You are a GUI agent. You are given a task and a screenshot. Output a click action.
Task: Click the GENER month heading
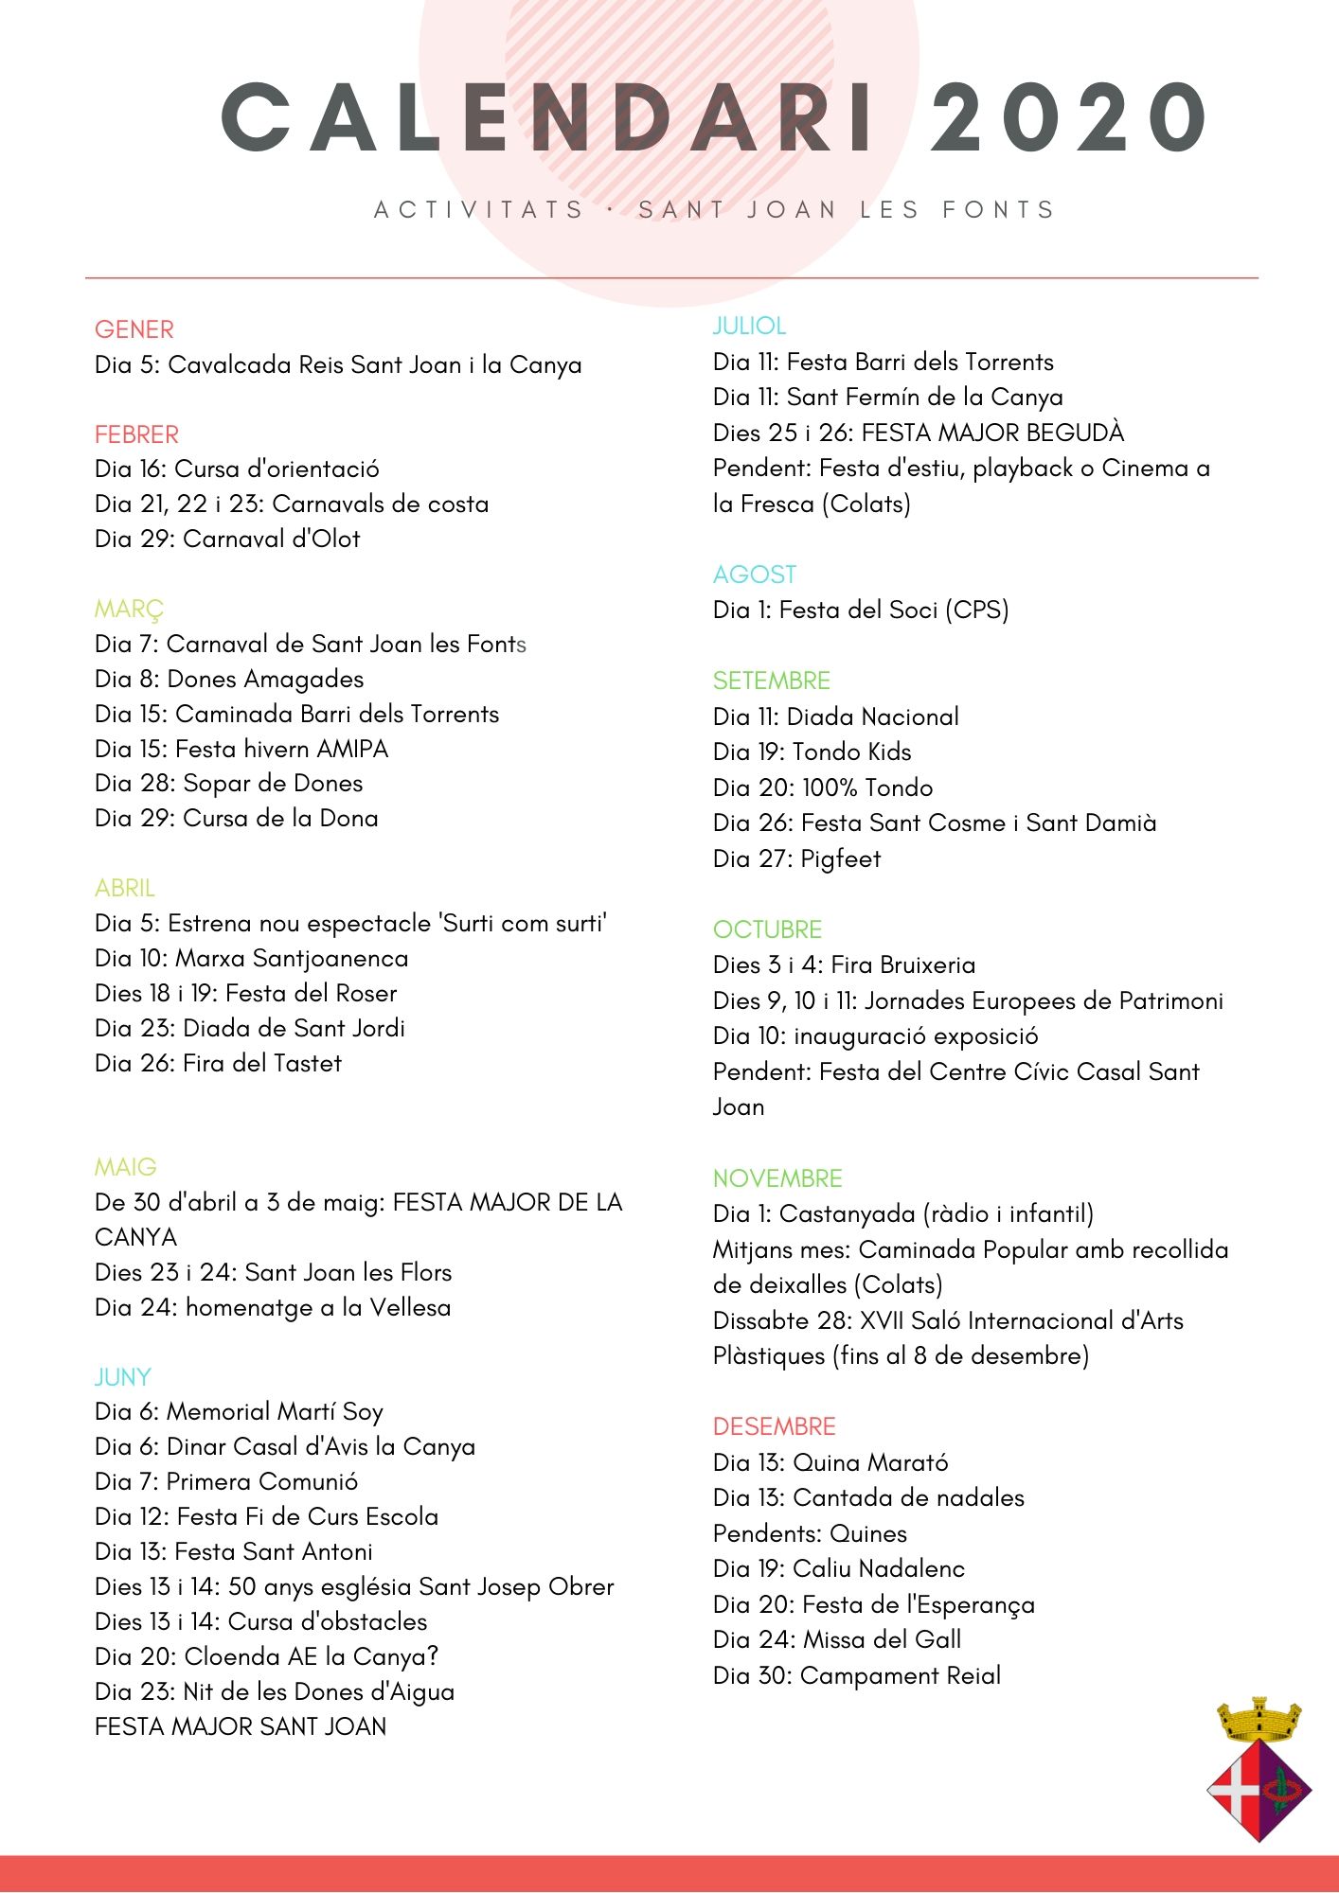[134, 329]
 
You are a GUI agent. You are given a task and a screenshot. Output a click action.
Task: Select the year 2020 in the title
[1067, 117]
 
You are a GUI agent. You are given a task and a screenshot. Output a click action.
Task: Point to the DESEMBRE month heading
[774, 1426]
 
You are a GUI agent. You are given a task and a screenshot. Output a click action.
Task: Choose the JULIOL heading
[749, 326]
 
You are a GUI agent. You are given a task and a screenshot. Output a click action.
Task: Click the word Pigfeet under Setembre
[841, 858]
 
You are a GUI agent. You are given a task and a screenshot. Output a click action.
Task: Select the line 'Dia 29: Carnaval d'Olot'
[227, 539]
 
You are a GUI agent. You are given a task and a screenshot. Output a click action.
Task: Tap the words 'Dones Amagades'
[265, 679]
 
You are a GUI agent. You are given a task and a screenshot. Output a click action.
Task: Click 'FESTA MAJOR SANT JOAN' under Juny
[241, 1726]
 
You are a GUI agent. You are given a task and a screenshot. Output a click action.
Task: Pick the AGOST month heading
[755, 575]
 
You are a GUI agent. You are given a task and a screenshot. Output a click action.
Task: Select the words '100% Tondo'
[867, 787]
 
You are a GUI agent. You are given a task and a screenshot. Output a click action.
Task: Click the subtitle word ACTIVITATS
[479, 209]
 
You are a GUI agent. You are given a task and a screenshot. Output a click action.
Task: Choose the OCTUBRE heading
[767, 929]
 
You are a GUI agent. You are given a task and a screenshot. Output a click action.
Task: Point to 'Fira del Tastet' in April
[262, 1063]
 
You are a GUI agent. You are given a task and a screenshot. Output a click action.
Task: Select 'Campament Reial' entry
[901, 1675]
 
